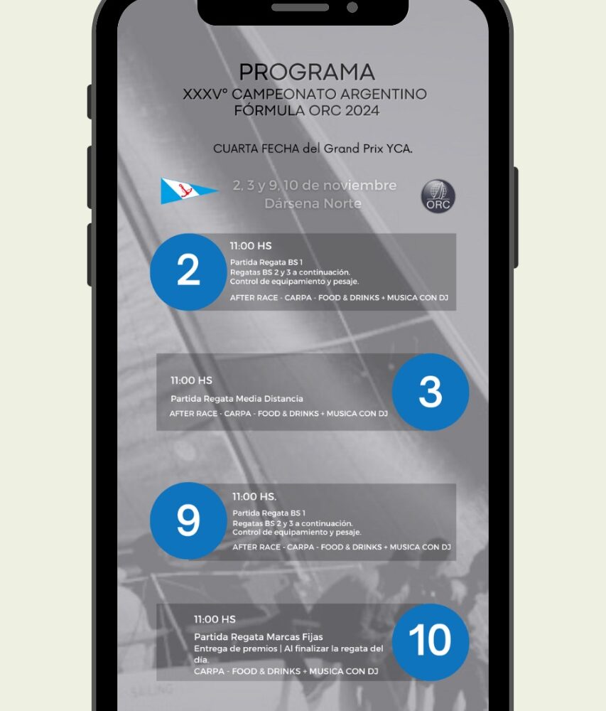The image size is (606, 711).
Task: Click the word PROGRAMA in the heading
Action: coord(307,72)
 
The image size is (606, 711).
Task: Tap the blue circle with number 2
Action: coord(188,272)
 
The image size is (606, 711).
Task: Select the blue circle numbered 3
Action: coord(431,392)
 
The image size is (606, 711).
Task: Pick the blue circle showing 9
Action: coord(188,520)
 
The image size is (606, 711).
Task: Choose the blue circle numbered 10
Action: coord(431,641)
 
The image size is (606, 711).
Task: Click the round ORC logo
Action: coord(438,196)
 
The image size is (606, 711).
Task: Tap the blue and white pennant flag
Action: coord(189,191)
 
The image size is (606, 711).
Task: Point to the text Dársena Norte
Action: coord(313,203)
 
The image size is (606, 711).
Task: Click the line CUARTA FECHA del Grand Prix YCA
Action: coord(313,149)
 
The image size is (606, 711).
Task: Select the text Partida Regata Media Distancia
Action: coord(237,399)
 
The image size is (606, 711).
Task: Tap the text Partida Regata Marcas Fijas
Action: coord(259,636)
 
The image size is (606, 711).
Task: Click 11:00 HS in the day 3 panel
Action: coord(191,380)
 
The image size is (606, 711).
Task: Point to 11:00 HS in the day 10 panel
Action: coord(215,619)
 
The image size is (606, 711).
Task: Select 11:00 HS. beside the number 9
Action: coord(254,496)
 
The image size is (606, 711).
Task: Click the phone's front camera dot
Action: coord(352,7)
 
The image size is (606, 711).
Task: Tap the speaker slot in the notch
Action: coord(300,7)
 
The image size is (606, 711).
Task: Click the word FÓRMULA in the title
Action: coord(269,110)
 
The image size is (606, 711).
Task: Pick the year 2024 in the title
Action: coord(362,110)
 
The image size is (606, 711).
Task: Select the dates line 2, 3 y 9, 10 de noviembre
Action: coord(315,186)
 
